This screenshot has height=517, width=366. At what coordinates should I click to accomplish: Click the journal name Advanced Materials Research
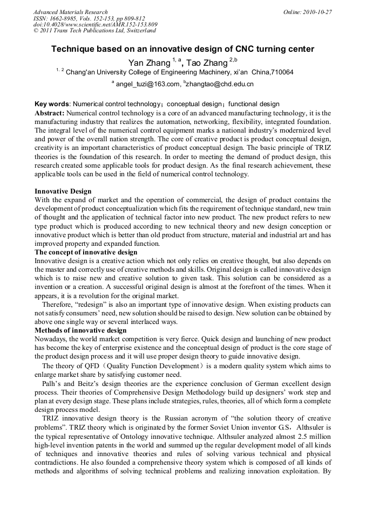[70, 12]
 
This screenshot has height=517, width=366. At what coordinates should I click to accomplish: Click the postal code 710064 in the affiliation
[281, 72]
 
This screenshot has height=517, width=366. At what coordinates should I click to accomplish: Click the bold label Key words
[52, 104]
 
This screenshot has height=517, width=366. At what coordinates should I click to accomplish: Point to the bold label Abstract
[50, 113]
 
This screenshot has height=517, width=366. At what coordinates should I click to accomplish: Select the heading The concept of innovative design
[86, 252]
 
